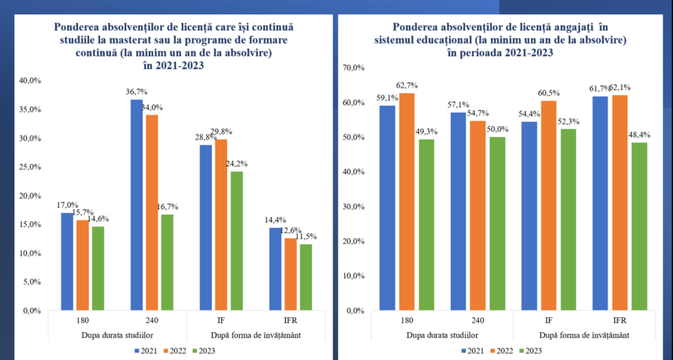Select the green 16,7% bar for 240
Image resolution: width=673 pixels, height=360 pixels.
[x=167, y=262]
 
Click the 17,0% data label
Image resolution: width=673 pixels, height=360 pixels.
[x=68, y=204]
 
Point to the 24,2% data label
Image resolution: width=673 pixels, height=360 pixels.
[x=237, y=163]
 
